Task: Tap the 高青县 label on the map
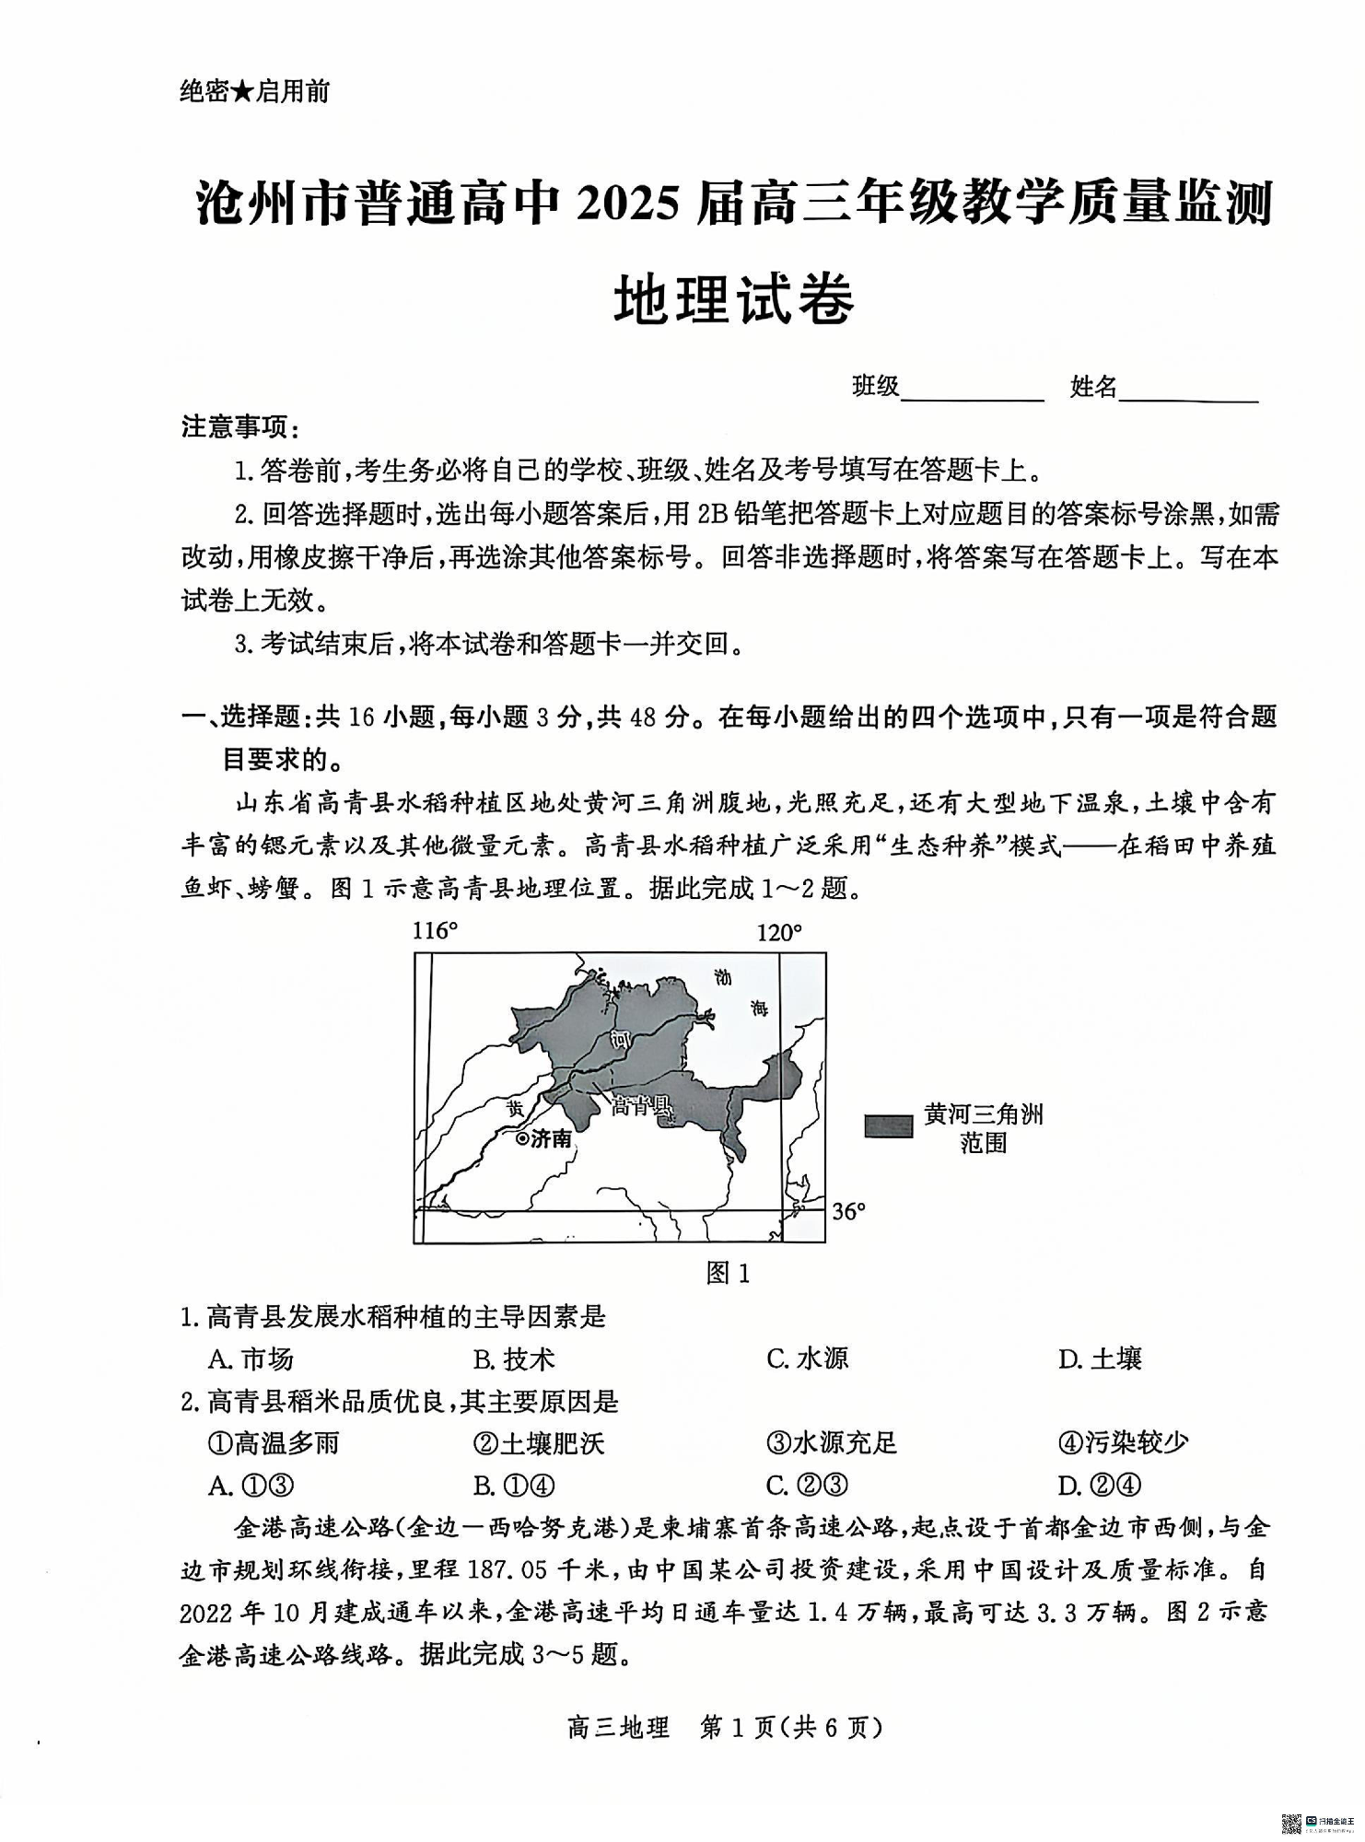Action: pos(641,1105)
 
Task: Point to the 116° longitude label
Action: pos(435,931)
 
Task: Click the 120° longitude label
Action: pos(779,933)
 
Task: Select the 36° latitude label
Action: pos(849,1211)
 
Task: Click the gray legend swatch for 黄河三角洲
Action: pos(888,1125)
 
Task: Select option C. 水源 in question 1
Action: pos(807,1358)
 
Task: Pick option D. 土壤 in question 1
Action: pos(1100,1358)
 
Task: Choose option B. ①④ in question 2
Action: pos(514,1486)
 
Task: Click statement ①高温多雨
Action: pos(274,1442)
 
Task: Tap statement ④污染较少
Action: pos(1123,1442)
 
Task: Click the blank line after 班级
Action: pos(973,394)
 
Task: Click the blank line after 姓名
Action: pos(1188,394)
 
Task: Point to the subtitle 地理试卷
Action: pos(734,298)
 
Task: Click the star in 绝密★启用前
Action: pos(241,92)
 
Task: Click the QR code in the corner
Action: pos(1291,1823)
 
